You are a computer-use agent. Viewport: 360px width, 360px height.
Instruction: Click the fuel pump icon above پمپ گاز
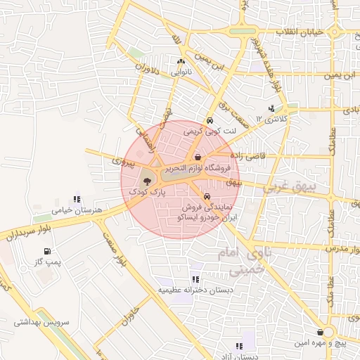coord(47,251)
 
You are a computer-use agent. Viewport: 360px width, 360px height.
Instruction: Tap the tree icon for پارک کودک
coord(146,181)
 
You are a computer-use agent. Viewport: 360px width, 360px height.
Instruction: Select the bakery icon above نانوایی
coord(181,62)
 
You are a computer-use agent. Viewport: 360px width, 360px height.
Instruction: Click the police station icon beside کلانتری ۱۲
coord(271,108)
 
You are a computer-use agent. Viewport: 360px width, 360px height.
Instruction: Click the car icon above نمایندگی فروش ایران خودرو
coord(207,196)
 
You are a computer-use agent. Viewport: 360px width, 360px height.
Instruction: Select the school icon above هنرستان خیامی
coord(77,199)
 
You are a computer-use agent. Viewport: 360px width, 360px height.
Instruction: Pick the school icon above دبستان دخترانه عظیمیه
coord(194,278)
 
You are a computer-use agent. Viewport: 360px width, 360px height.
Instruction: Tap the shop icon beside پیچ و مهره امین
coord(321,331)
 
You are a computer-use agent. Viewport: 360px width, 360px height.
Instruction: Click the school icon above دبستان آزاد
coord(239,346)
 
